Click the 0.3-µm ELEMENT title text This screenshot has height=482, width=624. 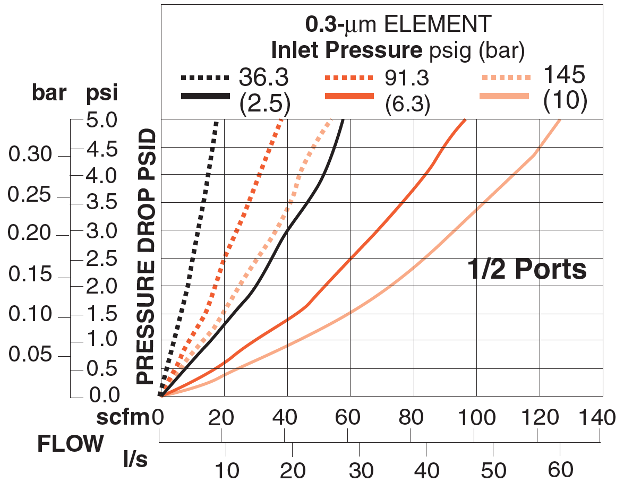click(x=398, y=24)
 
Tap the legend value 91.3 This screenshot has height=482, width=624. click(x=407, y=78)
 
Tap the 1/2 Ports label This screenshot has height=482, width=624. click(x=526, y=269)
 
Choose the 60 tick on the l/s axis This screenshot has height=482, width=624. click(x=560, y=470)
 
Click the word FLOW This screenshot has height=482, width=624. click(x=70, y=443)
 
